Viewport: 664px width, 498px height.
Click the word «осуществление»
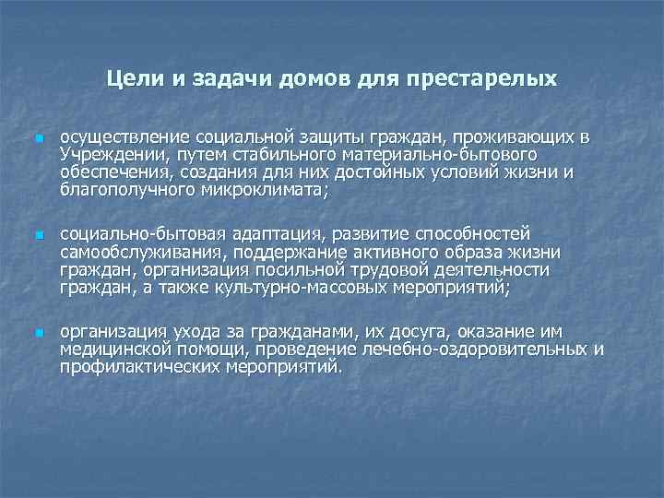tap(119, 137)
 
